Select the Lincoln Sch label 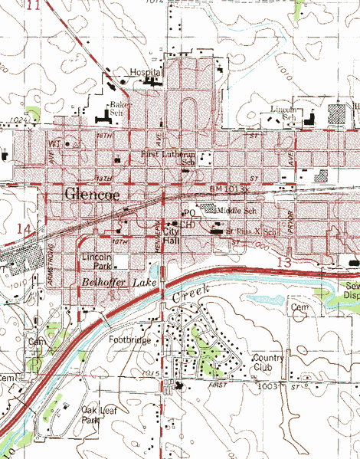[x=283, y=113]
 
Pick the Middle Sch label [x=234, y=208]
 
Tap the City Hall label [x=171, y=236]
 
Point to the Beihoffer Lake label [x=113, y=284]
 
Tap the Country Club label [x=268, y=362]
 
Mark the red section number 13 [x=284, y=263]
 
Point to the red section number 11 [x=32, y=5]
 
